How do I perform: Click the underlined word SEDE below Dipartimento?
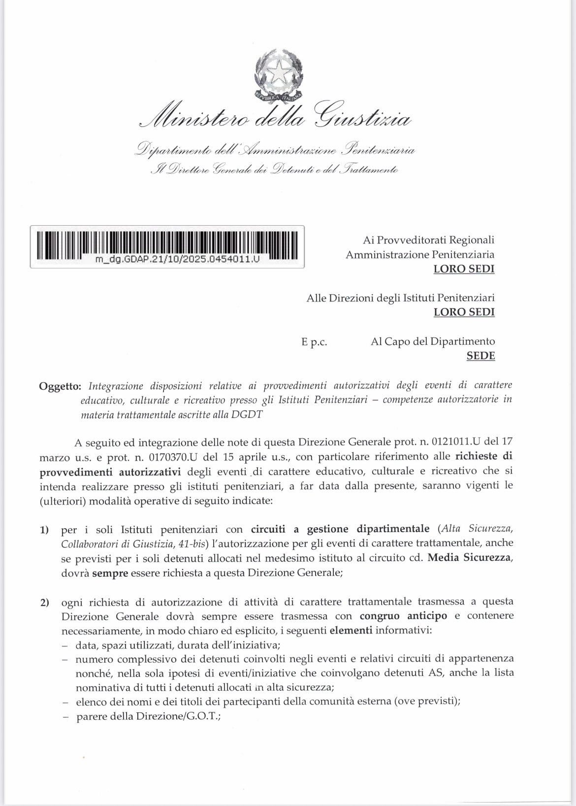[x=480, y=355]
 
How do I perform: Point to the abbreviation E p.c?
[x=314, y=341]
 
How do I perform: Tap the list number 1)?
[x=45, y=531]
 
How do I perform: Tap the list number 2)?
[x=45, y=602]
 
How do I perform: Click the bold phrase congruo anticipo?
[x=403, y=616]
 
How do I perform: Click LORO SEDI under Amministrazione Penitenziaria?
[x=464, y=269]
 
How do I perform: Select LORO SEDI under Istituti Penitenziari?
[x=464, y=312]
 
